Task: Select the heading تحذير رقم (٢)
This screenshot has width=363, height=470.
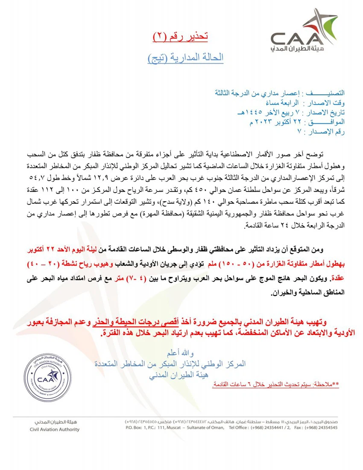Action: pos(180,37)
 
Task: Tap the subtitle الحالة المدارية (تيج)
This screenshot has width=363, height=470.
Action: pos(186,57)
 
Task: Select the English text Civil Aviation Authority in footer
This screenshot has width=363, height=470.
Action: pos(55,429)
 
